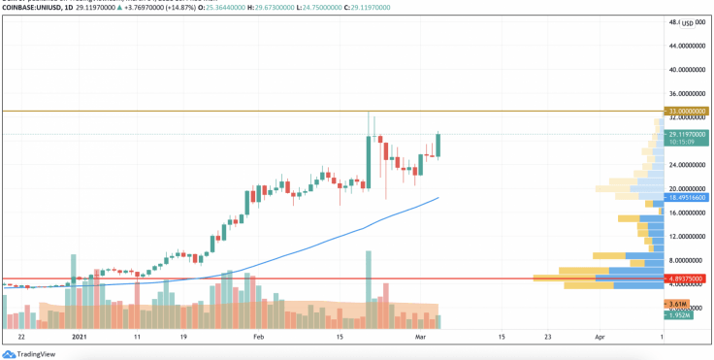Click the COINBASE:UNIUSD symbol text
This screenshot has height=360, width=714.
pyautogui.click(x=29, y=7)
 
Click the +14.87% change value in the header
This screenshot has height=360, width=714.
pyautogui.click(x=209, y=7)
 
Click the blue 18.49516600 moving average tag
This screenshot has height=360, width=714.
pyautogui.click(x=687, y=197)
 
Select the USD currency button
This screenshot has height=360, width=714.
pyautogui.click(x=691, y=22)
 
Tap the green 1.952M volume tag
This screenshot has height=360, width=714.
pyautogui.click(x=678, y=315)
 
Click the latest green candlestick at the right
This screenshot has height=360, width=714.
pyautogui.click(x=438, y=145)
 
